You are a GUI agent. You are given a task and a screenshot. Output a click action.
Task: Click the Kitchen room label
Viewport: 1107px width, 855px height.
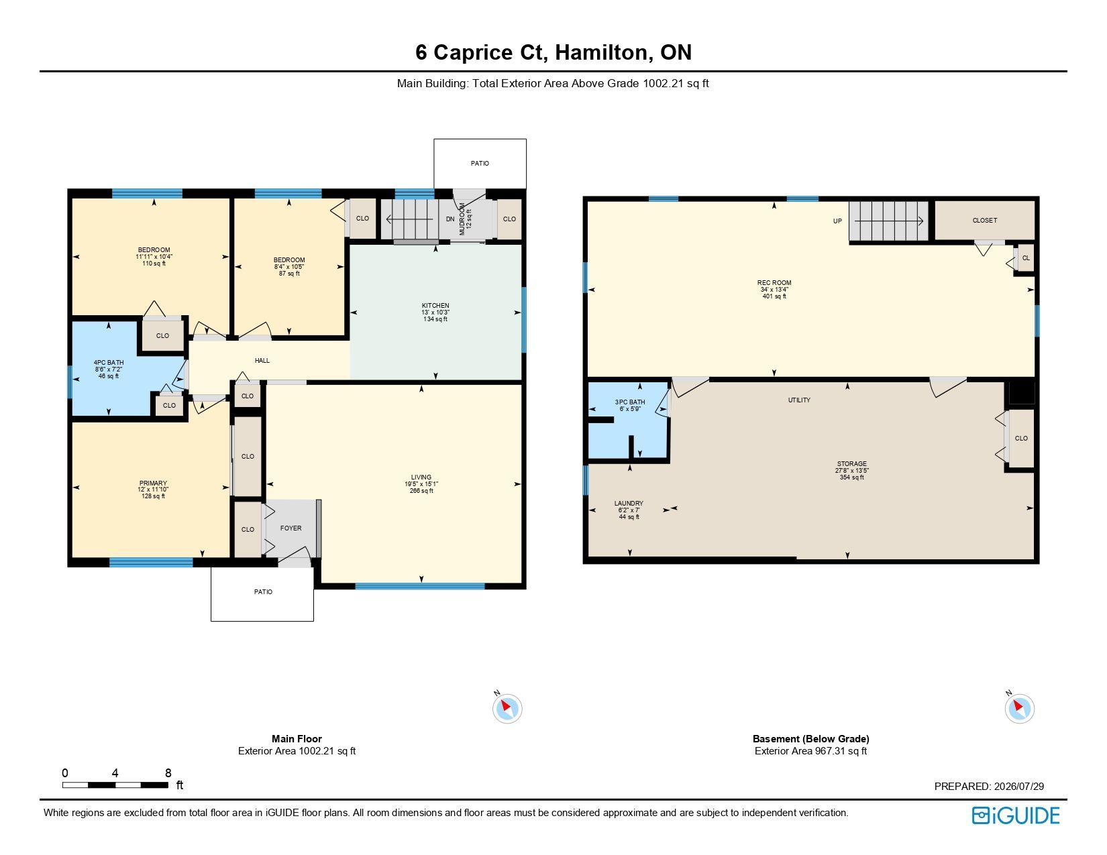click(x=435, y=306)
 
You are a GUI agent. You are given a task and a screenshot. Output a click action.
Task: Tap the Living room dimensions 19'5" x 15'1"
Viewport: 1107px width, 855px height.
click(x=421, y=484)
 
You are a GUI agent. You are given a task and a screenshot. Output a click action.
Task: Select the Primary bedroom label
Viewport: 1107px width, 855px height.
click(x=154, y=483)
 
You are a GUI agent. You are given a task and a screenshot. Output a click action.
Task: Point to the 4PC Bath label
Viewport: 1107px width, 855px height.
click(x=109, y=363)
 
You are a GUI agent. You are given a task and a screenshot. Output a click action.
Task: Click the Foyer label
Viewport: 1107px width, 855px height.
click(x=291, y=528)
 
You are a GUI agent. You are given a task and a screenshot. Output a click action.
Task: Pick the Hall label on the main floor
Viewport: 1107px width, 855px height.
click(x=262, y=361)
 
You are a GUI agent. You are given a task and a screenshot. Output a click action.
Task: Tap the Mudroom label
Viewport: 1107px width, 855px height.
click(x=462, y=219)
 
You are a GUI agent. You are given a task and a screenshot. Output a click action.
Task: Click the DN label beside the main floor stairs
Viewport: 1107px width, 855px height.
click(x=450, y=219)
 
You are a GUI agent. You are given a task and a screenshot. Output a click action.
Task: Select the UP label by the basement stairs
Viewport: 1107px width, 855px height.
click(x=837, y=221)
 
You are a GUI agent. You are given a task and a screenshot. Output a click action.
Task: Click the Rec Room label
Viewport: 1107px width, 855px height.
click(x=774, y=282)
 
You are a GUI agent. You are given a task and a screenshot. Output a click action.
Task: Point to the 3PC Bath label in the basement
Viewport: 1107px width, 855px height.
click(x=630, y=402)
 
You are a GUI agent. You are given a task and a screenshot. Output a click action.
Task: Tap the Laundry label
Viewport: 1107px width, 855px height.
click(x=629, y=503)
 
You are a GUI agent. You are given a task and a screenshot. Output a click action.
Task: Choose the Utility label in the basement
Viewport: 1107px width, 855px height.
click(x=799, y=400)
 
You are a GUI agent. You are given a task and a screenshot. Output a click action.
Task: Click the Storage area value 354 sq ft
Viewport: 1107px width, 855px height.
click(x=852, y=477)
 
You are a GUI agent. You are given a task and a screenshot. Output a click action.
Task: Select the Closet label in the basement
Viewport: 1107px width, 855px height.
click(x=985, y=221)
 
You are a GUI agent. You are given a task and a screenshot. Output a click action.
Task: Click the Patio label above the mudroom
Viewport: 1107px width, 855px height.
click(x=480, y=164)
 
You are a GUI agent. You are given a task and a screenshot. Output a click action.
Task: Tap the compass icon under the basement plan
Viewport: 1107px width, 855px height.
click(x=1019, y=708)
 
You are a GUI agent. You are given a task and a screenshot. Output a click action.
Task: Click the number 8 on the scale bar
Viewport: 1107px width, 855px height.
click(x=168, y=773)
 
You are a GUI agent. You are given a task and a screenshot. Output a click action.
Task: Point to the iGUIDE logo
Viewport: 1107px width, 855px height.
click(x=1016, y=816)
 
